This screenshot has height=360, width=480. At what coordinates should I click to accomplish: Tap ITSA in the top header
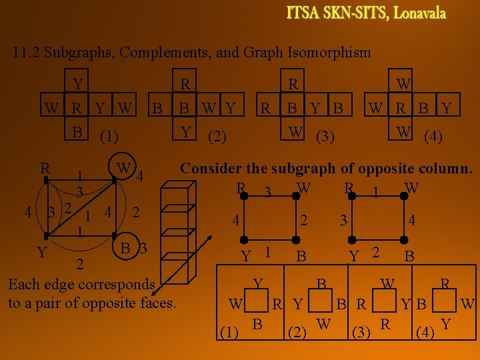click(x=303, y=13)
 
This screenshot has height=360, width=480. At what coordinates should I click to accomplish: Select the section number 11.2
click(x=26, y=52)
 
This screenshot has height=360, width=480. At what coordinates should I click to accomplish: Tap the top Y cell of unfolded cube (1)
click(x=79, y=85)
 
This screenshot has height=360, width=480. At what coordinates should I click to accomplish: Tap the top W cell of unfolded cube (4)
click(x=403, y=85)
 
